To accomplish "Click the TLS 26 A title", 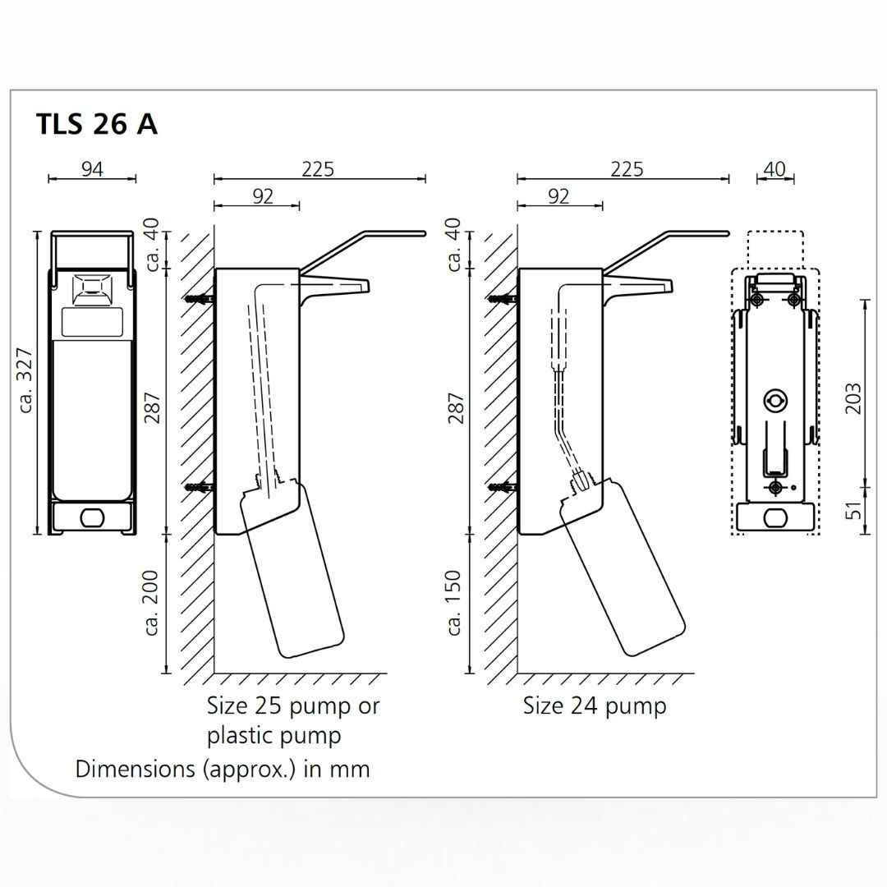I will [97, 124].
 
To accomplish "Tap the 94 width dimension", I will [92, 169].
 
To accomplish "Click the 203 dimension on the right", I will [853, 398].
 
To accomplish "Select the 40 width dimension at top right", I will [774, 169].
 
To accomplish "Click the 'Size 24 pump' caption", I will [595, 705].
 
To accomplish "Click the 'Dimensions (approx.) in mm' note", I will [223, 770].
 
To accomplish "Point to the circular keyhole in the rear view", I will [774, 401].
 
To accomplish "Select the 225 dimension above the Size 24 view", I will [627, 169].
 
